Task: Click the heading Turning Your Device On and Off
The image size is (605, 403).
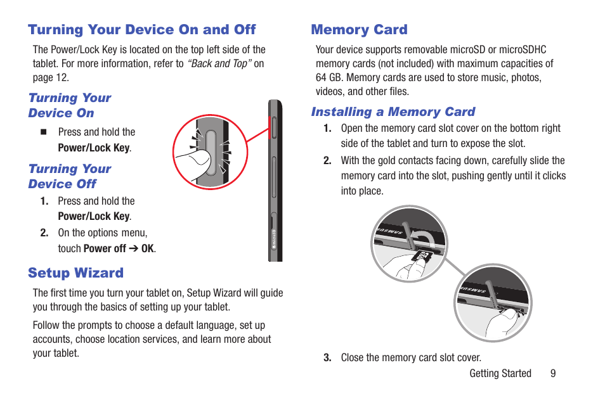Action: point(141,30)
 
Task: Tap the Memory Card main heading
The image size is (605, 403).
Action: point(359,30)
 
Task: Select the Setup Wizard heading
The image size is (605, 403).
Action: point(75,273)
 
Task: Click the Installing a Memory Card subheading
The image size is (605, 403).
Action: point(393,112)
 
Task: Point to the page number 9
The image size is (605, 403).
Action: point(553,374)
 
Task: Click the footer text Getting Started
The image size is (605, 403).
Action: point(500,374)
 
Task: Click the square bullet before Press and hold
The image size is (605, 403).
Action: point(44,132)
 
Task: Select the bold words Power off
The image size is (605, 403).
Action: point(105,248)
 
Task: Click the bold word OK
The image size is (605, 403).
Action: point(147,248)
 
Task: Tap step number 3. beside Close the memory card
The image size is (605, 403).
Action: point(327,358)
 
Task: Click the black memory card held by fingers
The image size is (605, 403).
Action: point(421,257)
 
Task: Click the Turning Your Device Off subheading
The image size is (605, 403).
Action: point(69,176)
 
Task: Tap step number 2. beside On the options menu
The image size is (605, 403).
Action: point(44,233)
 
